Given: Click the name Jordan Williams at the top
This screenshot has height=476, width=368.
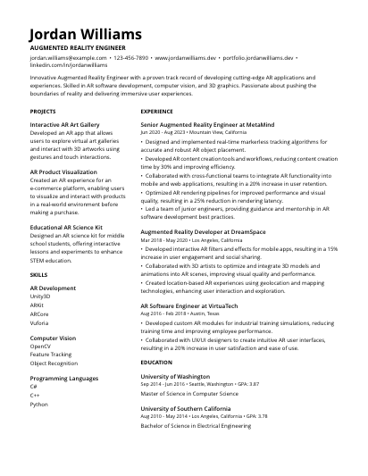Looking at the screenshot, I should [86, 34].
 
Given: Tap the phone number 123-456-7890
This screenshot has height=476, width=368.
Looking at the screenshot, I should [131, 57].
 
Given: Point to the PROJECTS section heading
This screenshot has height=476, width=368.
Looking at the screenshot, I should [43, 112].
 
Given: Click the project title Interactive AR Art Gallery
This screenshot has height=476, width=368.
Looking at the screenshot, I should [64, 125].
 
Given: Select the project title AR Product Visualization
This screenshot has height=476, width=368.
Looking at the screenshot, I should [63, 171].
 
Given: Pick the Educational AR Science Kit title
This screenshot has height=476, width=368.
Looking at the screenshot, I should [66, 228].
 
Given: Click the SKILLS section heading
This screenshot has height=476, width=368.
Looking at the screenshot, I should [39, 275].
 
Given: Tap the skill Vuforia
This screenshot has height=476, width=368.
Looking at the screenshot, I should [40, 322].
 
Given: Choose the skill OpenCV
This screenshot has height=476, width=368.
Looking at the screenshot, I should [41, 346].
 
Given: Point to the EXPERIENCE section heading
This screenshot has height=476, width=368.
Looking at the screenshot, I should [157, 112].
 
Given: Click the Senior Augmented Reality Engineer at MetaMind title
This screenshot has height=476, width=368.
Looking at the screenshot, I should [219, 125].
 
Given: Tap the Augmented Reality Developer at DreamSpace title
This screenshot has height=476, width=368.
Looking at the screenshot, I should [215, 231].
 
